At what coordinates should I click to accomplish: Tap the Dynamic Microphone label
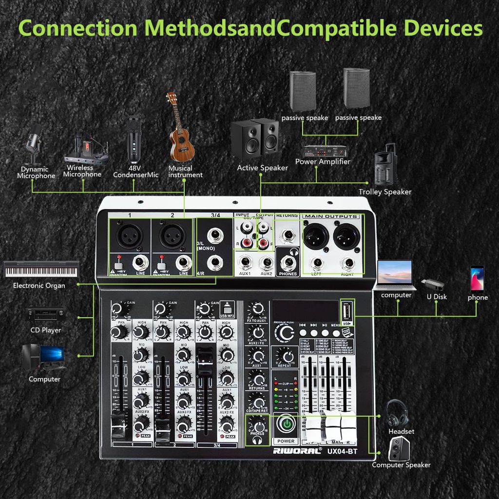[x=36, y=173]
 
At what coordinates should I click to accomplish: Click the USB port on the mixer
[x=347, y=311]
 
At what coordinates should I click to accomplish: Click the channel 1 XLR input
[x=129, y=236]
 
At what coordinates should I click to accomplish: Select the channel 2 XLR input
[x=172, y=236]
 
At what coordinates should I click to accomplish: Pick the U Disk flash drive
[x=432, y=283]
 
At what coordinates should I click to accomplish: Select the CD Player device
[x=45, y=314]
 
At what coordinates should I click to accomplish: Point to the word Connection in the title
[x=78, y=28]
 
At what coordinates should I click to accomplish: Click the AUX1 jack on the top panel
[x=246, y=263]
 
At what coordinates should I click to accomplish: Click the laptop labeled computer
[x=395, y=275]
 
